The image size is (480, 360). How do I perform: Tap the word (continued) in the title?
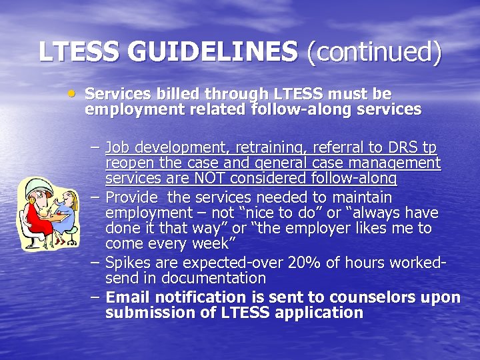point(374,53)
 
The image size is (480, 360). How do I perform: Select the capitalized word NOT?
point(215,178)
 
